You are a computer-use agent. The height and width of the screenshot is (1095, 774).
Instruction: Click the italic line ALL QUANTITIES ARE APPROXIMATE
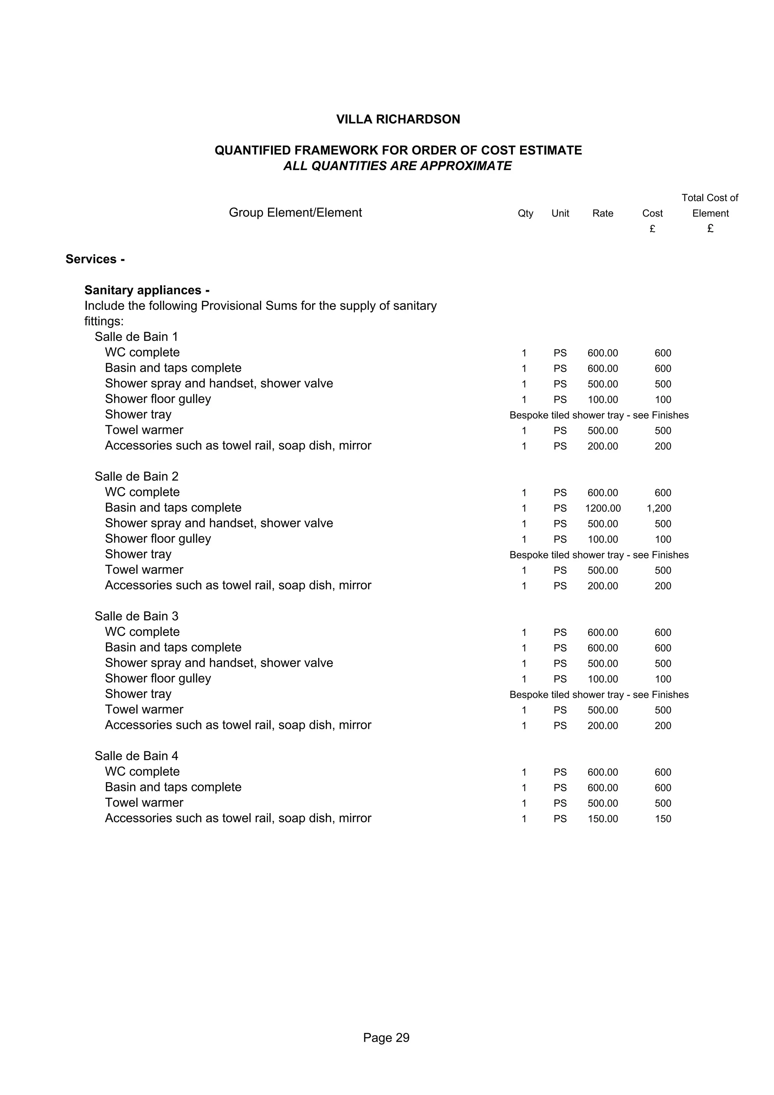click(x=397, y=166)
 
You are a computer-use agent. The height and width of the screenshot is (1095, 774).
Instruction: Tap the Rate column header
click(x=602, y=213)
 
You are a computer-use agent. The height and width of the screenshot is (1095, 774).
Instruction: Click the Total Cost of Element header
click(x=710, y=206)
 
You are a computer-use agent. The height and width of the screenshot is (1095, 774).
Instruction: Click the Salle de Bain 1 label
click(x=136, y=337)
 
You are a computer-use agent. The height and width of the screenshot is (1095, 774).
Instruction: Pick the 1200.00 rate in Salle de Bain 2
click(x=602, y=509)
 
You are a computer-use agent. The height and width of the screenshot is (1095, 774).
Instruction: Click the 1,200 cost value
click(x=659, y=509)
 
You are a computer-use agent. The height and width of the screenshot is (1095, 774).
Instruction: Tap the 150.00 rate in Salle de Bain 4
click(x=602, y=819)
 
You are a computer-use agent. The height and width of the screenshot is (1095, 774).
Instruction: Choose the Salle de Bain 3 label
click(x=136, y=616)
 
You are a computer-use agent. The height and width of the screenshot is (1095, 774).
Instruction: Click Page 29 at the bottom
click(x=386, y=1038)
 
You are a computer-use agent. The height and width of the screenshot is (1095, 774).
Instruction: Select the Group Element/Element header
click(x=295, y=213)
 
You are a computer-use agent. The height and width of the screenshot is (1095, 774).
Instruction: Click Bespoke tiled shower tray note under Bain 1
click(x=599, y=415)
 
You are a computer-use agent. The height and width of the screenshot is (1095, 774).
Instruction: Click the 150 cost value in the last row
click(x=663, y=819)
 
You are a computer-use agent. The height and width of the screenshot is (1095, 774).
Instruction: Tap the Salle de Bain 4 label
click(x=136, y=756)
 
